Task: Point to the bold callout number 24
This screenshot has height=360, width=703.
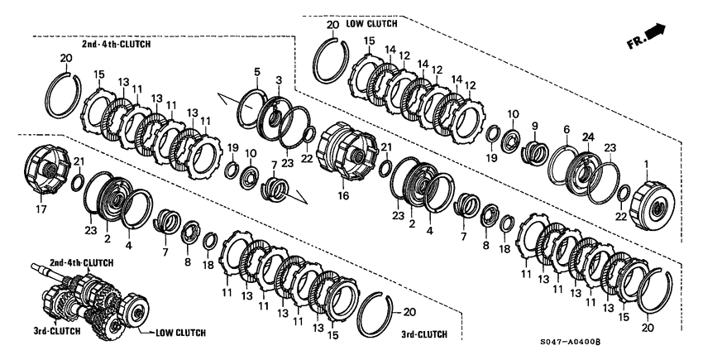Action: point(588,137)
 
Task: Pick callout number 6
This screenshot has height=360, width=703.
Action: point(257,72)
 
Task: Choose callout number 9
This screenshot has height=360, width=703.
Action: point(567,130)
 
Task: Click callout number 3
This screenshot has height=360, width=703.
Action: point(279,79)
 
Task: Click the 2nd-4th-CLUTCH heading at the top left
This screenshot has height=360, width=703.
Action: point(116,44)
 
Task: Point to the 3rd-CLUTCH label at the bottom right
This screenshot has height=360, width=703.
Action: point(425,334)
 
